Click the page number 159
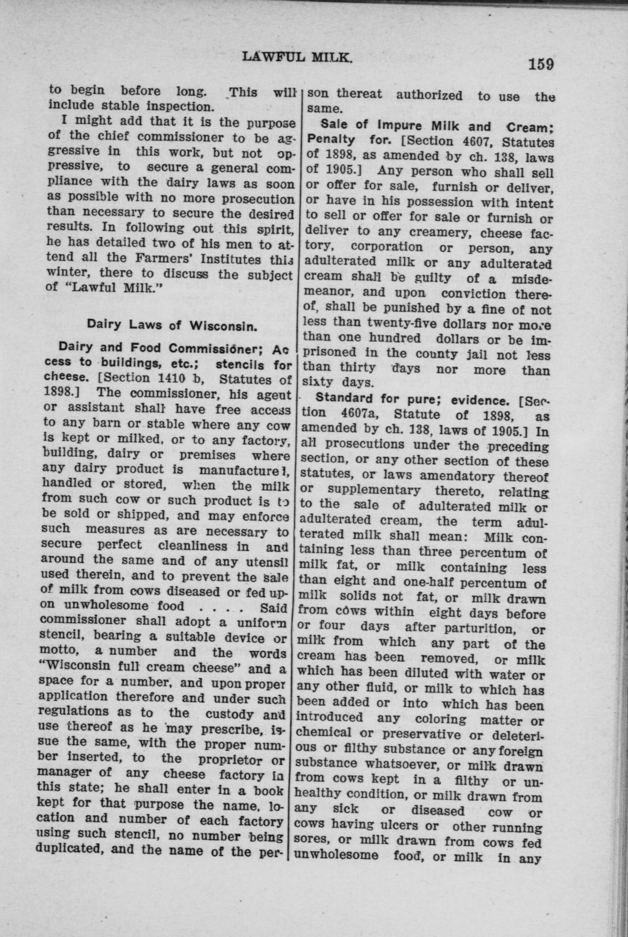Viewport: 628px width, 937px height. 541,64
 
